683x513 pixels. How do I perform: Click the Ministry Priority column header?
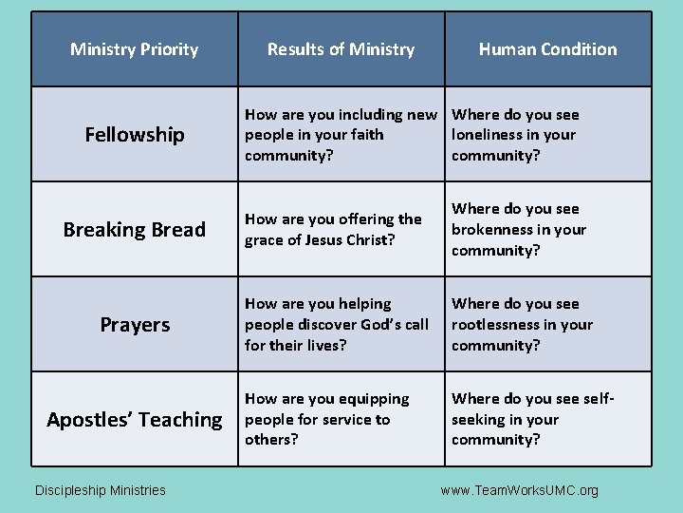(134, 49)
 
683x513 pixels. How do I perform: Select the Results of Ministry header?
(341, 49)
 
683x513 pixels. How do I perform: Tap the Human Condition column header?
(547, 49)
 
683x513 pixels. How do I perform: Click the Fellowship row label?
(135, 135)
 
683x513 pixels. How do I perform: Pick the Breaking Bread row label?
(134, 230)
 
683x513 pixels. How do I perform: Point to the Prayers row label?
(135, 325)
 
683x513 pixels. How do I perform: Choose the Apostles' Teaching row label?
(134, 420)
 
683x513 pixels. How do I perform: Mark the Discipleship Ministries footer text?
(100, 490)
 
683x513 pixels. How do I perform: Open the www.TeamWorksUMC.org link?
(520, 490)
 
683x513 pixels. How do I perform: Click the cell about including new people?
(341, 135)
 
